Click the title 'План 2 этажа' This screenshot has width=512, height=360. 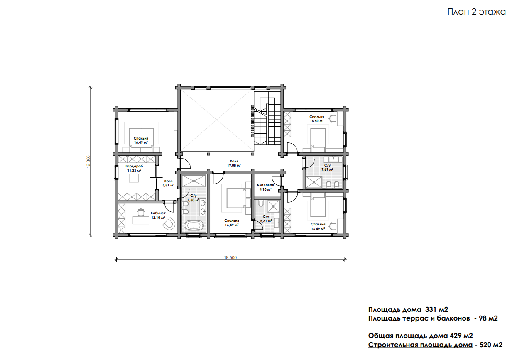(x=477, y=12)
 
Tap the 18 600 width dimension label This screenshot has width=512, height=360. (x=230, y=257)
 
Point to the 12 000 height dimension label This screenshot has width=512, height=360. (x=89, y=162)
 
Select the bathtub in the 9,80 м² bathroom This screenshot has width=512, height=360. (x=194, y=226)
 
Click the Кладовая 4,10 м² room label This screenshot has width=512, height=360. (x=265, y=187)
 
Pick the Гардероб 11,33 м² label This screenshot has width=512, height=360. (x=134, y=169)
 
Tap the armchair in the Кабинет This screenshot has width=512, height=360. (x=169, y=223)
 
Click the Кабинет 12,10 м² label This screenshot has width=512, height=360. (x=158, y=216)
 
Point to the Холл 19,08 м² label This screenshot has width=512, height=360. (x=234, y=163)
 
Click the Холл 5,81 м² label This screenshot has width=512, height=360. (x=169, y=183)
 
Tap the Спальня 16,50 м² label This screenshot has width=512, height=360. (x=317, y=119)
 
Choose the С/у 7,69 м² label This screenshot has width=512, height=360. (x=327, y=167)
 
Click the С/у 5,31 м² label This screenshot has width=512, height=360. (x=266, y=218)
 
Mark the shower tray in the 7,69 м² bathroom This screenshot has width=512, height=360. (x=314, y=182)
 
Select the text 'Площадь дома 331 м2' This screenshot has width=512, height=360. (x=408, y=309)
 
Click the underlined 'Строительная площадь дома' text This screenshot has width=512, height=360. (x=420, y=345)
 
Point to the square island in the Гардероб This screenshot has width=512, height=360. (x=134, y=178)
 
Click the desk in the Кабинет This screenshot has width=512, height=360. (x=141, y=220)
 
